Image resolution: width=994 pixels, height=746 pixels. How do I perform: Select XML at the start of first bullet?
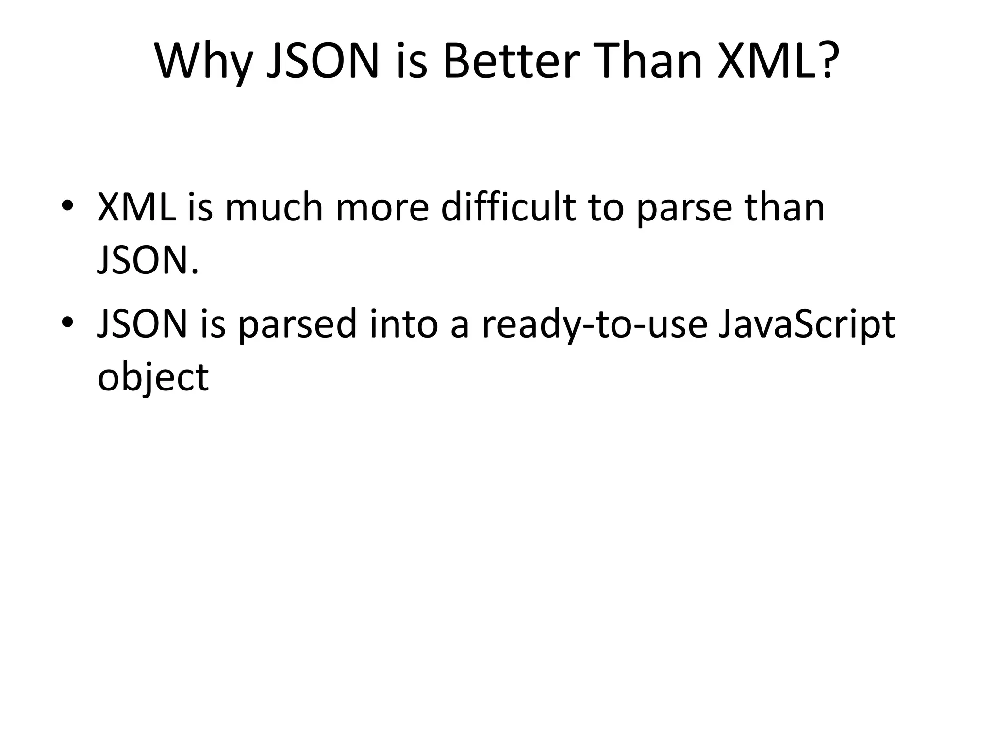(137, 208)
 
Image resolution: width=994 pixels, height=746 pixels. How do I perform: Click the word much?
(274, 208)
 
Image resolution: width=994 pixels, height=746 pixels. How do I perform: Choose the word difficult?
(508, 208)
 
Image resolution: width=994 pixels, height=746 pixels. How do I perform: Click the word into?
(404, 324)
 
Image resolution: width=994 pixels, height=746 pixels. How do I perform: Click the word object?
(153, 378)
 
